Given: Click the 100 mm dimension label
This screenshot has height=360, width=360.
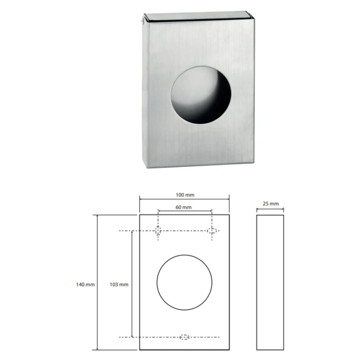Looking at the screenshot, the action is (185, 195).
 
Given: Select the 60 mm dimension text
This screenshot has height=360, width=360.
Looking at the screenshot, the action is (183, 207).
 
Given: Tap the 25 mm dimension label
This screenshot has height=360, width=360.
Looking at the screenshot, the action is (270, 204).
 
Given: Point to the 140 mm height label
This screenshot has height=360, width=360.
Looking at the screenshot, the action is (86, 285).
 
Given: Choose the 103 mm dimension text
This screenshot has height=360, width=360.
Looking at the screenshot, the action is (119, 285).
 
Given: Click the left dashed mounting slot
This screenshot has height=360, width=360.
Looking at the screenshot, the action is (158, 231).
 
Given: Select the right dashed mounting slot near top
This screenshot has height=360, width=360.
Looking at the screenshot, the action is (212, 231).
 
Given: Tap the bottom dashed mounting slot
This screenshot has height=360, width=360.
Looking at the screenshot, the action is (184, 337).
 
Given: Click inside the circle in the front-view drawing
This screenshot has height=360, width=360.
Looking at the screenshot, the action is (184, 282).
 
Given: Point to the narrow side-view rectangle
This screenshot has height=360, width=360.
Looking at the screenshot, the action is (270, 282).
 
